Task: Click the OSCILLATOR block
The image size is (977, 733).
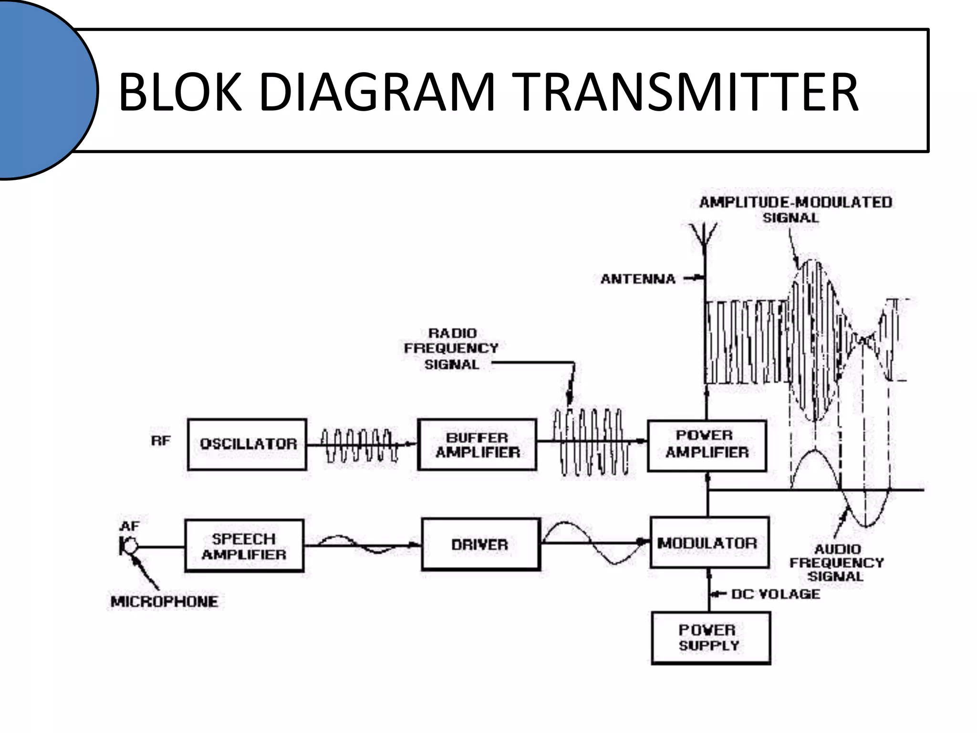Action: point(247,444)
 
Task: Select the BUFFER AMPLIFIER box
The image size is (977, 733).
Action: point(477,444)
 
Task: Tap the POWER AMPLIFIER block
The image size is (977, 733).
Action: point(707,445)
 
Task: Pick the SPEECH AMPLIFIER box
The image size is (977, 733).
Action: point(244,546)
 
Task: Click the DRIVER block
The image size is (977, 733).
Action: point(480,544)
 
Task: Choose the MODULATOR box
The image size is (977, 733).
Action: point(709,543)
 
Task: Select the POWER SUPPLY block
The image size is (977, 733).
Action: point(710,638)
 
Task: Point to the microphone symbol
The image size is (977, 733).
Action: point(127,546)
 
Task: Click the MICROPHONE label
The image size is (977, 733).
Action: point(164,601)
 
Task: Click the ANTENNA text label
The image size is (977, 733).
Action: point(638,279)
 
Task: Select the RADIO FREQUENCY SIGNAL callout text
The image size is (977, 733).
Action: point(451,349)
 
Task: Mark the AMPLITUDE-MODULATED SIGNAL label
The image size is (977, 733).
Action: point(795,209)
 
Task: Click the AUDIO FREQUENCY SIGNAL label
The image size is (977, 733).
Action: point(836,563)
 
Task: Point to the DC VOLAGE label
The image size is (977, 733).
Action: point(775,594)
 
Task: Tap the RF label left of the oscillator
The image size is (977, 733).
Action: point(161,440)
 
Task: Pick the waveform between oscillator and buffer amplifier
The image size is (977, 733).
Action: point(359,445)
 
